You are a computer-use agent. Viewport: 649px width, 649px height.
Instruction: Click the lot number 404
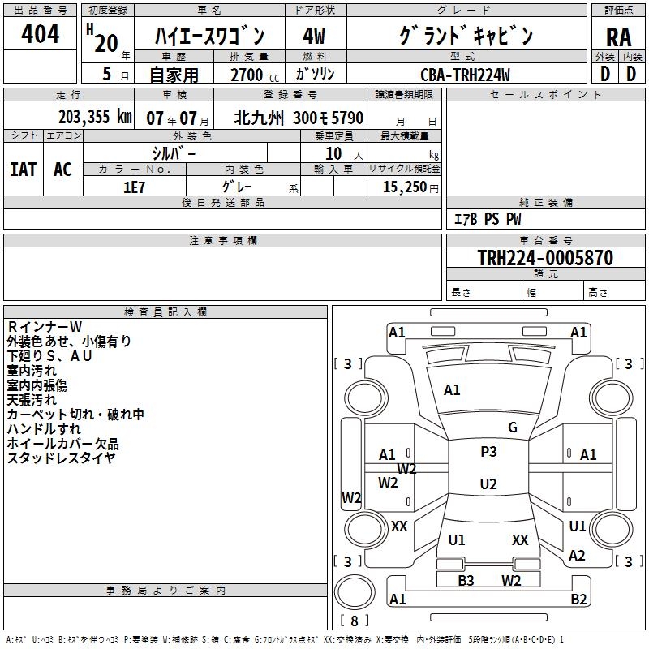click(40, 35)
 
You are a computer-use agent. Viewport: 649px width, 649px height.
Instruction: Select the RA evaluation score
click(618, 37)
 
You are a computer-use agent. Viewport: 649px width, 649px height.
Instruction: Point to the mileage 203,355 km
click(95, 118)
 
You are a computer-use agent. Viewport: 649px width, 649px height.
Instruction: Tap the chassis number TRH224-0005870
click(544, 258)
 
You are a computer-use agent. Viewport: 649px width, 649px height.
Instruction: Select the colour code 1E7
click(134, 187)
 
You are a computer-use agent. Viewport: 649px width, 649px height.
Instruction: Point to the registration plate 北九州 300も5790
click(299, 118)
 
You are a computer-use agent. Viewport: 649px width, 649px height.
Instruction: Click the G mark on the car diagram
click(513, 428)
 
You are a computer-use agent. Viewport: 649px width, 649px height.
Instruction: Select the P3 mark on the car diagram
click(488, 452)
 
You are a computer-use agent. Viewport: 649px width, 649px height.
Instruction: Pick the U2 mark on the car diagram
click(488, 484)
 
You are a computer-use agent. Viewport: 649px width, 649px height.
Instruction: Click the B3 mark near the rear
click(466, 580)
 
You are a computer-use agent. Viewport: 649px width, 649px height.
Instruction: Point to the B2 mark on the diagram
click(578, 600)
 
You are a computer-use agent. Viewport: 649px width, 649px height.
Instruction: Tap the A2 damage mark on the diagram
click(577, 556)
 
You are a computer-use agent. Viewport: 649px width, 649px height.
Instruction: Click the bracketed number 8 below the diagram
click(354, 621)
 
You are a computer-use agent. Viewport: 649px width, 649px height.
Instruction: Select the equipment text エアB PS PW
click(487, 219)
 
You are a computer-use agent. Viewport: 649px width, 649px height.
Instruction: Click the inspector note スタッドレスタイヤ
click(61, 458)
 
